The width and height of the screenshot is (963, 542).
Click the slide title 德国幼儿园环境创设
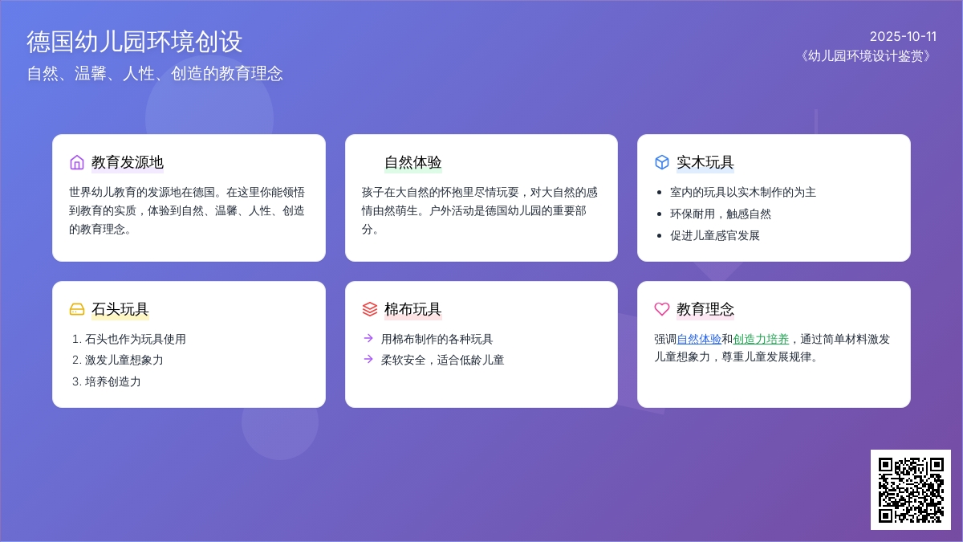click(x=135, y=42)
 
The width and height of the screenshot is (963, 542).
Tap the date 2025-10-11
click(x=903, y=37)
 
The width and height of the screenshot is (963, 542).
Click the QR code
click(x=911, y=490)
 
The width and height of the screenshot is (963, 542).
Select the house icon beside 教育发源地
click(x=77, y=162)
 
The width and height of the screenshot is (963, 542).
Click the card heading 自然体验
click(x=412, y=162)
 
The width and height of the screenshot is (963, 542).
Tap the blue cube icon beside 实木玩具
click(x=662, y=162)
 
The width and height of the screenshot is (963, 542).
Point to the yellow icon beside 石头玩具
click(x=77, y=309)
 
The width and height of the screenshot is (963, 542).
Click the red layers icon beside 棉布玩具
click(x=370, y=309)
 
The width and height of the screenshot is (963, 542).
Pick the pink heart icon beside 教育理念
click(x=662, y=309)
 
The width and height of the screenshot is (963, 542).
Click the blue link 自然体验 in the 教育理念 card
click(x=699, y=339)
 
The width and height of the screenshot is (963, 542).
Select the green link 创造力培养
click(x=761, y=339)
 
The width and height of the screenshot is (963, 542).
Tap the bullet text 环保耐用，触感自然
click(x=721, y=214)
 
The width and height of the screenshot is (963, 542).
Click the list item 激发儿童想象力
click(x=124, y=360)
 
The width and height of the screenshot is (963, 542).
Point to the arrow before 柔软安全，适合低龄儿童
click(x=368, y=359)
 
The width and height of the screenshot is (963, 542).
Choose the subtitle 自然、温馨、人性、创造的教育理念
click(x=155, y=74)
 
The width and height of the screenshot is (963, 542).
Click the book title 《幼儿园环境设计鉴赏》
click(x=866, y=56)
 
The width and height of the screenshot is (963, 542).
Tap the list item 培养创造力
click(x=112, y=381)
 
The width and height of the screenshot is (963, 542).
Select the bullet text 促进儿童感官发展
click(x=715, y=235)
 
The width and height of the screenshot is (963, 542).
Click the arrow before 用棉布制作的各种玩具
click(x=368, y=338)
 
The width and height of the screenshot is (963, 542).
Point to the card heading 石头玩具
click(x=120, y=309)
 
